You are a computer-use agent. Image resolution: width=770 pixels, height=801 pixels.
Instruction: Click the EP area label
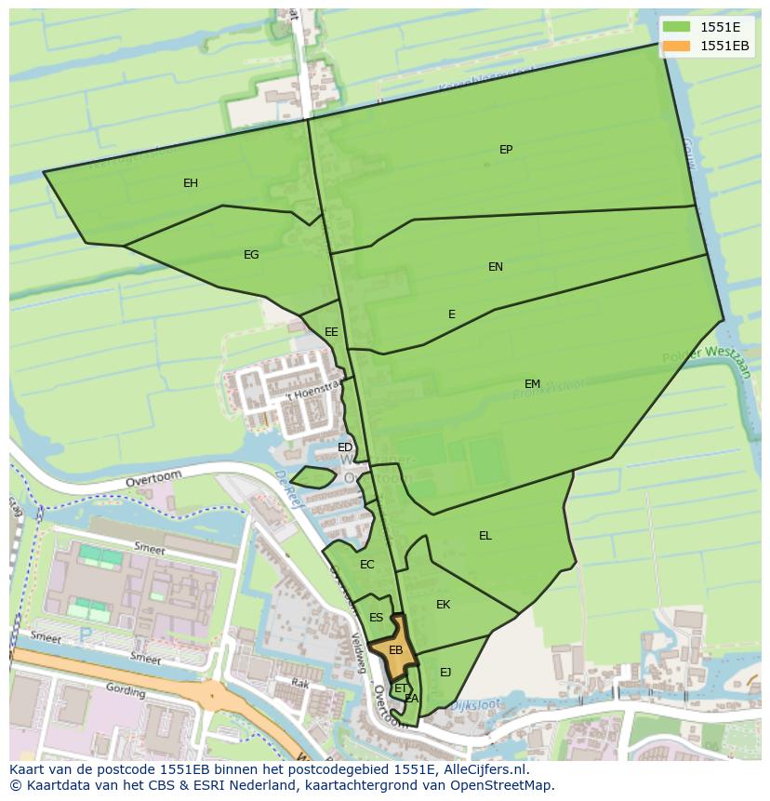click(x=506, y=150)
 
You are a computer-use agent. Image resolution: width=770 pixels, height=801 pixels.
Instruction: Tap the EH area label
click(x=191, y=183)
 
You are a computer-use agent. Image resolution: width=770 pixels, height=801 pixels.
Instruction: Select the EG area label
click(x=251, y=255)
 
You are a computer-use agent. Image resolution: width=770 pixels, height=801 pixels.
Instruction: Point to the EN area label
click(x=496, y=267)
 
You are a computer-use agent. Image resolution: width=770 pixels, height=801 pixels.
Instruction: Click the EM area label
click(x=532, y=384)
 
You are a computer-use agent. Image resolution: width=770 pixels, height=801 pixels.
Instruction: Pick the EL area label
click(x=485, y=536)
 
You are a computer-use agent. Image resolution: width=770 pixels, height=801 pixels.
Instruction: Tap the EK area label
click(x=444, y=605)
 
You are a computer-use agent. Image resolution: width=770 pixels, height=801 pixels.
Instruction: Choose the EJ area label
click(x=445, y=673)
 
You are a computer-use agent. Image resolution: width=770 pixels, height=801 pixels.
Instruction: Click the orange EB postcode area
click(x=396, y=651)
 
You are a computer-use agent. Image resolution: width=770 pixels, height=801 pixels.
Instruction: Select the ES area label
click(x=376, y=618)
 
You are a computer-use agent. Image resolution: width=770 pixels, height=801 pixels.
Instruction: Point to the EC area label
click(x=366, y=565)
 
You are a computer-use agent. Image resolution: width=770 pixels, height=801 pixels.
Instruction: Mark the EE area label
click(x=331, y=332)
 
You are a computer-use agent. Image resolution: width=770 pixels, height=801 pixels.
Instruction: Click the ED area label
click(x=345, y=447)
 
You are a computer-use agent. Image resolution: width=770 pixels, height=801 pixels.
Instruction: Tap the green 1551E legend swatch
click(x=677, y=27)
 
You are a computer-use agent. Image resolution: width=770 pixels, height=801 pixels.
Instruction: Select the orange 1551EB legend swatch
click(x=677, y=46)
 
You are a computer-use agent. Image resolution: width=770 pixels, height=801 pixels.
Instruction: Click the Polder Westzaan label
click(x=706, y=362)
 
